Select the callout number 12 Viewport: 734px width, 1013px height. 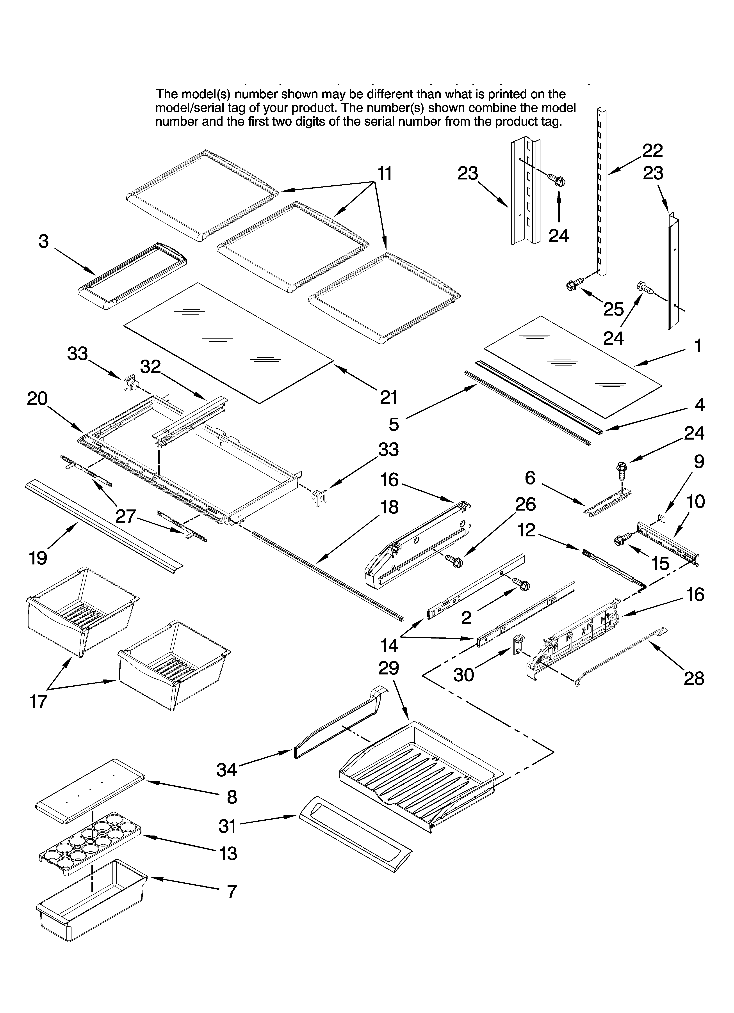[527, 530]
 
